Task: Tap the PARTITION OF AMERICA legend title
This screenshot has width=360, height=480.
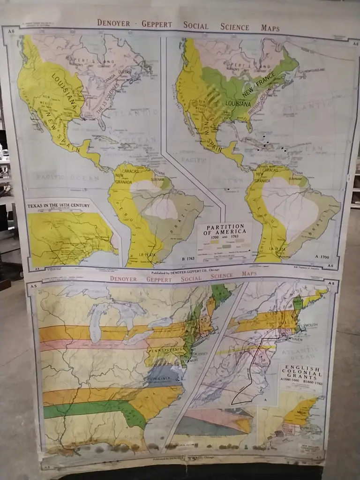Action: tap(225, 229)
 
